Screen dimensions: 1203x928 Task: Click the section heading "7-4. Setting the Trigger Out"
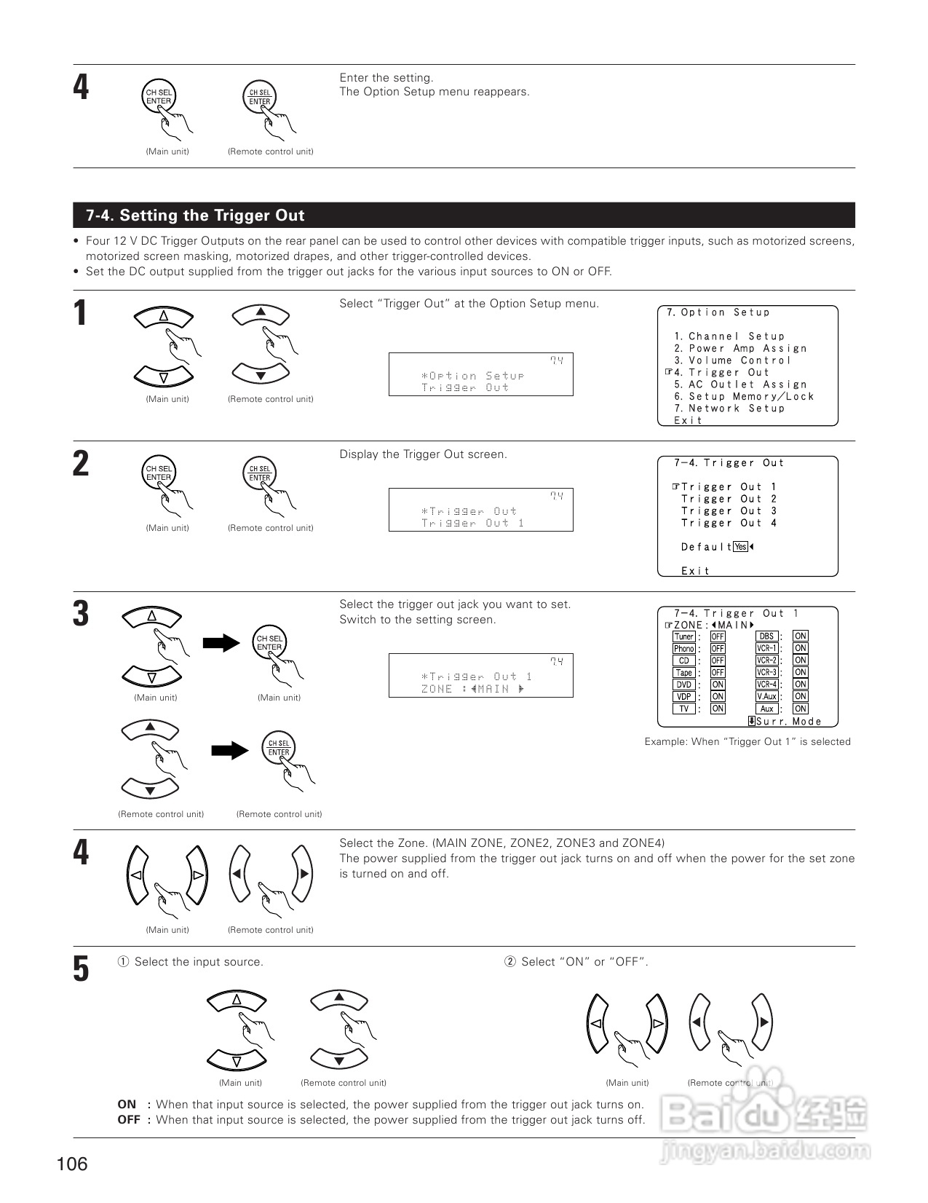(195, 216)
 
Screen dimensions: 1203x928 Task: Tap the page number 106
(72, 1164)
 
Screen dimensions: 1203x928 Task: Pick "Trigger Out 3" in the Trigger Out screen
(729, 511)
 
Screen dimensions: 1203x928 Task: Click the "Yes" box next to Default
(741, 547)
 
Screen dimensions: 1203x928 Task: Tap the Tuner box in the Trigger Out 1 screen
(683, 636)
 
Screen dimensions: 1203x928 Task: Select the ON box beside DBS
(801, 636)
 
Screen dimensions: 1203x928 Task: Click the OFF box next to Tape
(718, 673)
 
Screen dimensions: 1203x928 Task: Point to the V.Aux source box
(767, 697)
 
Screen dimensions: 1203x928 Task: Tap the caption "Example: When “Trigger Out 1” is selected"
(747, 742)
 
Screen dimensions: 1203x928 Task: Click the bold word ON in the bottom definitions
(127, 1105)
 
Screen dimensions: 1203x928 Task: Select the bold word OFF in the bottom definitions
(129, 1120)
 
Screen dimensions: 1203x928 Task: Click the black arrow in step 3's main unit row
(221, 642)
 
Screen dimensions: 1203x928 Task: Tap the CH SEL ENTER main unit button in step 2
(158, 473)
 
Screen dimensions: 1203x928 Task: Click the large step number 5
(81, 970)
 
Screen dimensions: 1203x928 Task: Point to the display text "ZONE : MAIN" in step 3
(472, 689)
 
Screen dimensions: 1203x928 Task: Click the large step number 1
(81, 314)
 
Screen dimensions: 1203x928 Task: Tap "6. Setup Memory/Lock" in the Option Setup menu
(744, 397)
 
